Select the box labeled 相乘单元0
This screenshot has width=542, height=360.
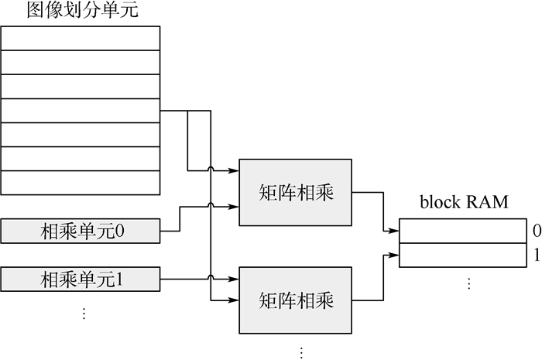point(81,230)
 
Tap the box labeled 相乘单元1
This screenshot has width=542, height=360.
point(81,276)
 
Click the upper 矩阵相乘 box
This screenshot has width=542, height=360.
point(296,193)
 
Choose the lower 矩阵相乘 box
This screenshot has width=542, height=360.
point(296,300)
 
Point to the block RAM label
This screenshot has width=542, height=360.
point(464,203)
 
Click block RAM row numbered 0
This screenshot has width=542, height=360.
point(461,231)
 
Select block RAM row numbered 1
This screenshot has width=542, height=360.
point(461,254)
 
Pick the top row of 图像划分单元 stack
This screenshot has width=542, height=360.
point(81,38)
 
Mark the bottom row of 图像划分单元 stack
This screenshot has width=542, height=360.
point(81,183)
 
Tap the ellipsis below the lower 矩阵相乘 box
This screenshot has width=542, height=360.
point(301,352)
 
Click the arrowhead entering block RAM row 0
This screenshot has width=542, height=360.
point(396,231)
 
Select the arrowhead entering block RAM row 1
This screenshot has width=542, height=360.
point(396,253)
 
